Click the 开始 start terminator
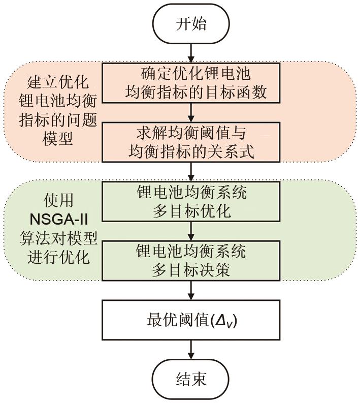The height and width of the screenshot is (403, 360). click(x=191, y=23)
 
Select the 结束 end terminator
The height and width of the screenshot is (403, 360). click(x=191, y=379)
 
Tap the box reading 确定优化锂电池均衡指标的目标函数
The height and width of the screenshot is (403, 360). click(x=191, y=83)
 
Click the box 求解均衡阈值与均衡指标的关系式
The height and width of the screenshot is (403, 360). click(x=191, y=142)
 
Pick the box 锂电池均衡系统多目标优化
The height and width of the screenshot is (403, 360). click(x=191, y=201)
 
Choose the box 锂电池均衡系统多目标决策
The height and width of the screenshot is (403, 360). click(x=191, y=260)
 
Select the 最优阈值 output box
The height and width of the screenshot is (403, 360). click(x=191, y=320)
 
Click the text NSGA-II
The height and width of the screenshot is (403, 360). click(x=59, y=220)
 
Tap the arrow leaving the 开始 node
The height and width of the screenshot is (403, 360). click(x=191, y=53)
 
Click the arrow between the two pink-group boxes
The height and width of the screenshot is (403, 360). click(x=191, y=113)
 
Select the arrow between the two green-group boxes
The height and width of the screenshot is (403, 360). click(x=191, y=231)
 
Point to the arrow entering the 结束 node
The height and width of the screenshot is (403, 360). click(x=191, y=350)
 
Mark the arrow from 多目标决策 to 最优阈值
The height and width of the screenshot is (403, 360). click(x=191, y=290)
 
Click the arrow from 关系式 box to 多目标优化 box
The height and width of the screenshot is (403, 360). click(x=191, y=172)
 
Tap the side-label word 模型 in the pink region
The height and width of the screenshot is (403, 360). click(x=57, y=138)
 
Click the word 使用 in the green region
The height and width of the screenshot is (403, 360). click(x=59, y=200)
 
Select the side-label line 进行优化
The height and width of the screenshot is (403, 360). click(x=59, y=257)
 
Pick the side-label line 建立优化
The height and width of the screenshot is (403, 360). click(x=58, y=82)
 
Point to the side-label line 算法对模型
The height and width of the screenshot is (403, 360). click(x=59, y=238)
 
